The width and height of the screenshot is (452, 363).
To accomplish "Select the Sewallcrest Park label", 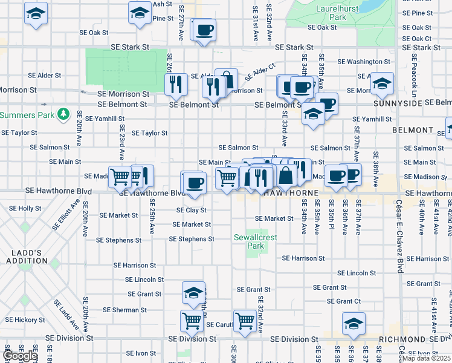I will [x=256, y=242].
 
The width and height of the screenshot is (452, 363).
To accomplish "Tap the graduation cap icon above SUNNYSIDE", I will [x=382, y=85].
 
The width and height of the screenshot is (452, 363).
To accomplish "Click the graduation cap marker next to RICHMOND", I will [x=354, y=324].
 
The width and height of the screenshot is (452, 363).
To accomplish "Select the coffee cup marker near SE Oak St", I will [x=204, y=30].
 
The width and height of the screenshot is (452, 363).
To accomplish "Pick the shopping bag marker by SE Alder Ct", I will [x=226, y=80].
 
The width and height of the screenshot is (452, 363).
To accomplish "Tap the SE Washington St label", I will [x=363, y=62].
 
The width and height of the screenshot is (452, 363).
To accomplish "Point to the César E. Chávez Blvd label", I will [x=399, y=236].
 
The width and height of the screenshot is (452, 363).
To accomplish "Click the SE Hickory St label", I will [x=25, y=319].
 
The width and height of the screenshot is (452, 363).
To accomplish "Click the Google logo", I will [x=20, y=356].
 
